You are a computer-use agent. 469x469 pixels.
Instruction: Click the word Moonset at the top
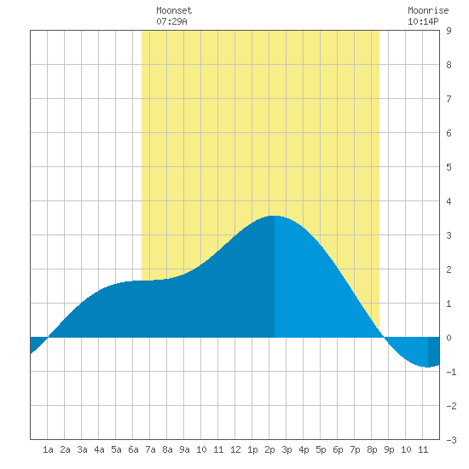pyautogui.click(x=174, y=11)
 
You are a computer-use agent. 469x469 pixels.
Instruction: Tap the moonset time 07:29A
pyautogui.click(x=171, y=21)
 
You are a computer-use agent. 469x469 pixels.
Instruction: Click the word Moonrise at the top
pyautogui.click(x=428, y=11)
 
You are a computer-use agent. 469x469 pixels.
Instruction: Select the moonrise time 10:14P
pyautogui.click(x=423, y=21)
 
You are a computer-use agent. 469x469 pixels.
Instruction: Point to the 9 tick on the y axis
pyautogui.click(x=449, y=31)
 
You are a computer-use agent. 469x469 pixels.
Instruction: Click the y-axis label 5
pyautogui.click(x=449, y=167)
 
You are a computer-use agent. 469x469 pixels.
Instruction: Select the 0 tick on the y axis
pyautogui.click(x=449, y=338)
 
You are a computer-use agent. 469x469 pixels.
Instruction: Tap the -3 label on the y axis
pyautogui.click(x=451, y=440)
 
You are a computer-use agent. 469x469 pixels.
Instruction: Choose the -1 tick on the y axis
pyautogui.click(x=451, y=372)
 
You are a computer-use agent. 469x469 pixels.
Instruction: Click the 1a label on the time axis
pyautogui.click(x=48, y=449)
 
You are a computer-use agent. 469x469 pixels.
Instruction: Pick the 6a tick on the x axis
pyautogui.click(x=133, y=449)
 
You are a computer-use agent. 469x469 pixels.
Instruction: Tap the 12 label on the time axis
pyautogui.click(x=235, y=449)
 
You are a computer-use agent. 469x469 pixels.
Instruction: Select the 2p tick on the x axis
pyautogui.click(x=269, y=449)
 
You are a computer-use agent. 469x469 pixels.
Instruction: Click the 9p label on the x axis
pyautogui.click(x=389, y=449)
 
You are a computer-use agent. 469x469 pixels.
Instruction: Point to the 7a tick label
pyautogui.click(x=150, y=449)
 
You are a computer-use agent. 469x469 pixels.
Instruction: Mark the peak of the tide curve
pyautogui.click(x=275, y=216)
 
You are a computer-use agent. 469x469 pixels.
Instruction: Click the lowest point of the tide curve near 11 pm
pyautogui.click(x=428, y=367)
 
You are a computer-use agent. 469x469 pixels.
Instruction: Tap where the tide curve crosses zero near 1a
pyautogui.click(x=48, y=338)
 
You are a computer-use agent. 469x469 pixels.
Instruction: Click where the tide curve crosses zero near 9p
pyautogui.click(x=385, y=338)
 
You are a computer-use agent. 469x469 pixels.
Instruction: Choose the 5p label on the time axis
pyautogui.click(x=321, y=449)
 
